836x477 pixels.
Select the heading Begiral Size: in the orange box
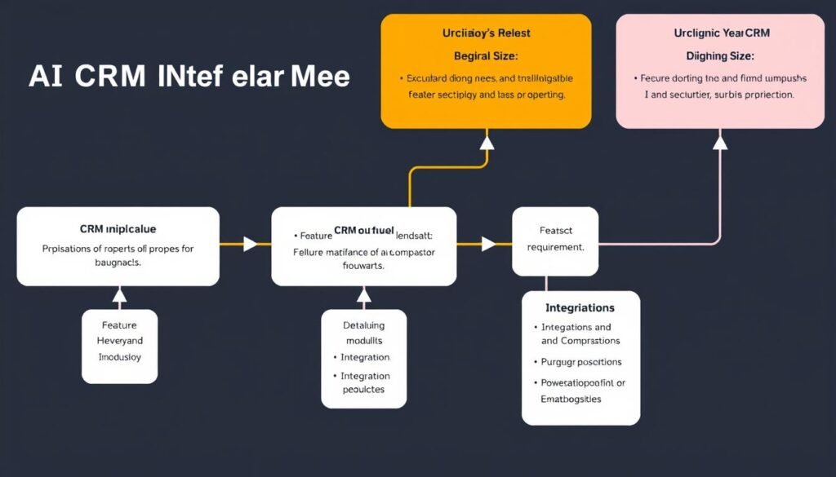486,55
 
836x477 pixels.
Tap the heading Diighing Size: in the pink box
719,56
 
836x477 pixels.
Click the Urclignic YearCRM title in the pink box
722,33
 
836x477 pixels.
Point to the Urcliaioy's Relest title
486,33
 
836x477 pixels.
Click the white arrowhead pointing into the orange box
487,144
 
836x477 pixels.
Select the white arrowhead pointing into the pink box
719,143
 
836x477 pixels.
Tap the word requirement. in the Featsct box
555,246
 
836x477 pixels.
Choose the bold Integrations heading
580,307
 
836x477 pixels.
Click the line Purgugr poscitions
581,361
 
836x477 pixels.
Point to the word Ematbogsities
571,399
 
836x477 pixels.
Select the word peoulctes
363,390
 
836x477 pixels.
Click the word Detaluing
363,325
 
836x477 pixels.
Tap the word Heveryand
119,341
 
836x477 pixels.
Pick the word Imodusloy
119,356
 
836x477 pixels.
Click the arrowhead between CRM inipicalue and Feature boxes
251,244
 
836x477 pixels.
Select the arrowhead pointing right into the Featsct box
488,244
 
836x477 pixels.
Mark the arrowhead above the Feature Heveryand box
119,294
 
